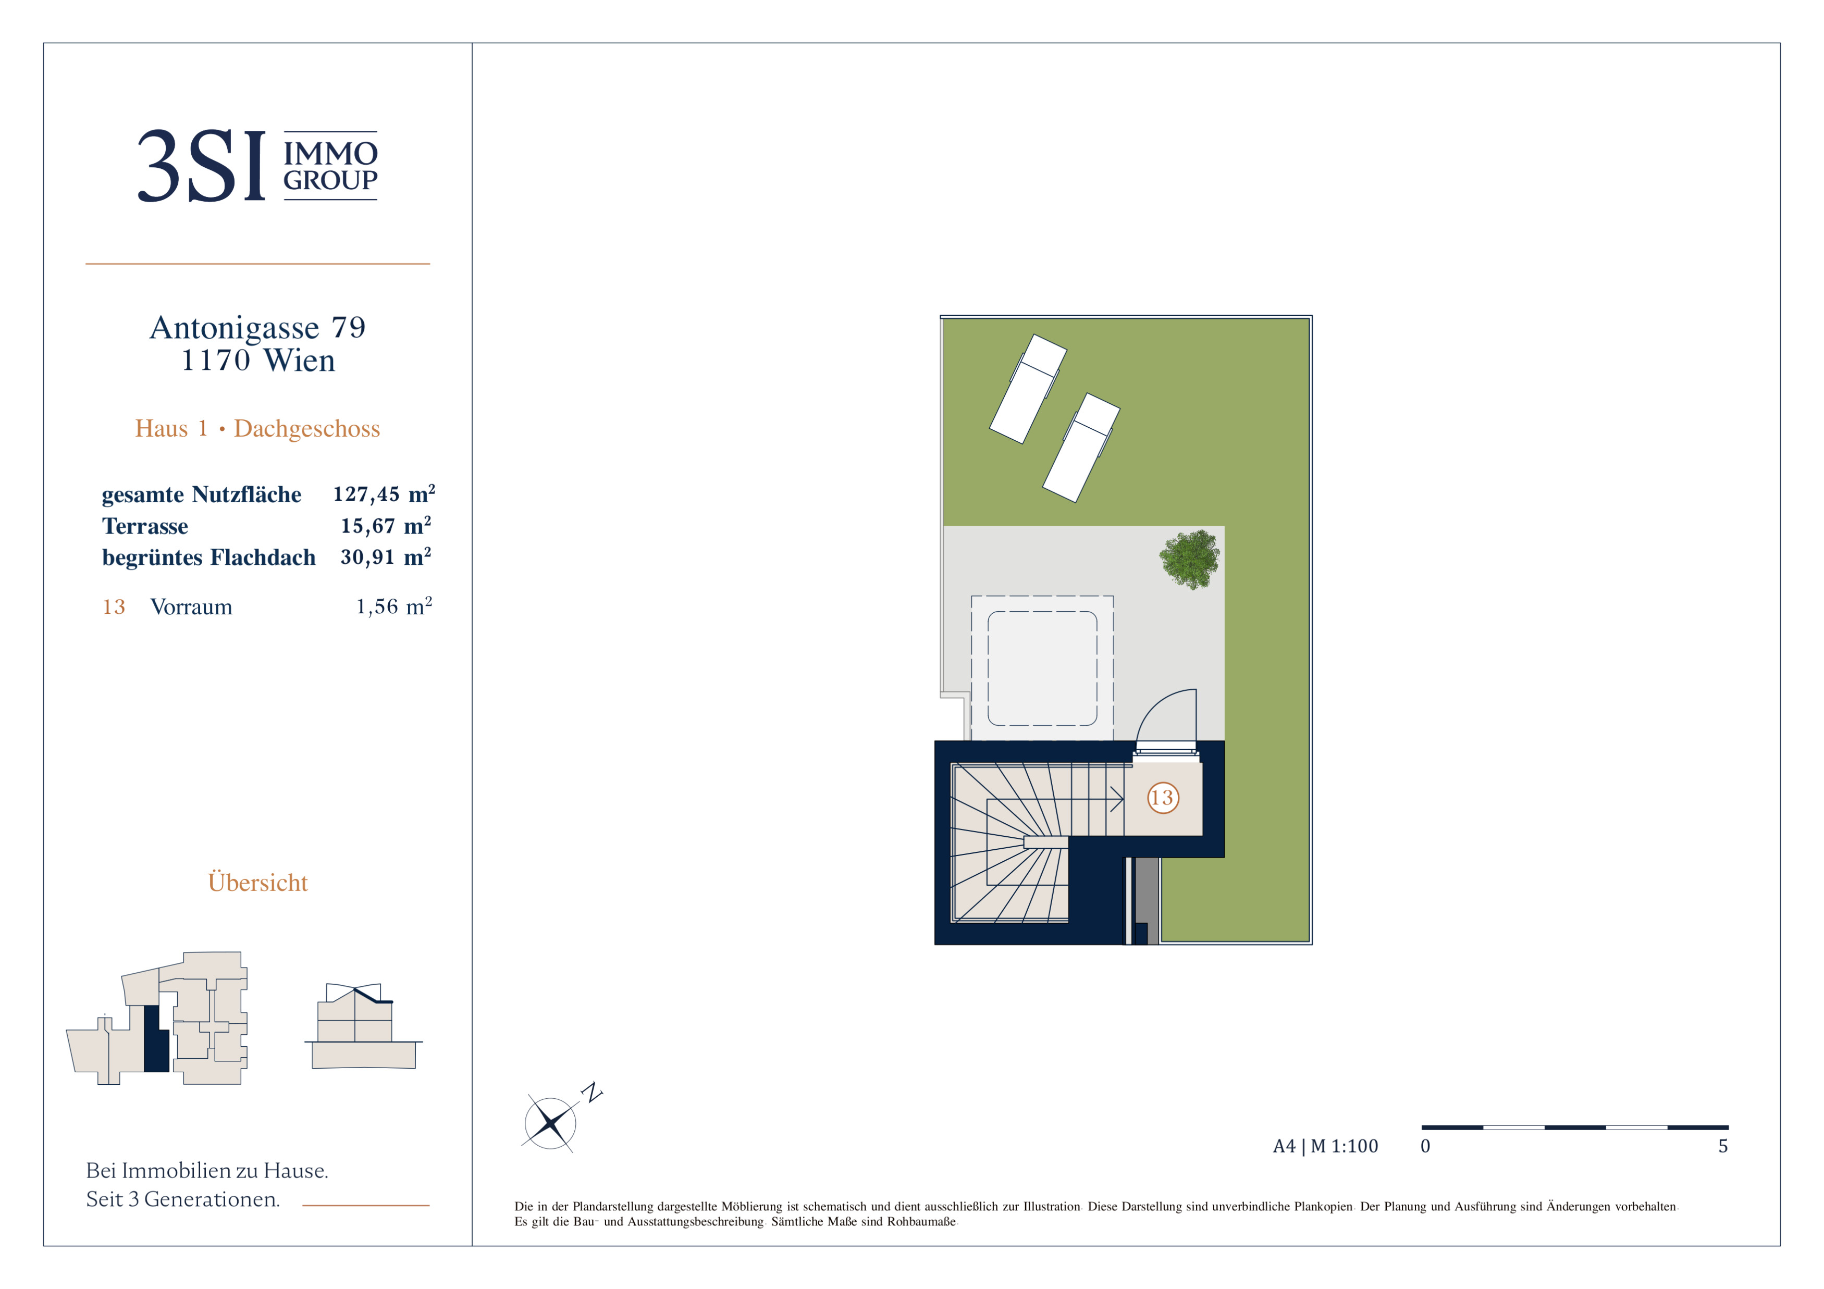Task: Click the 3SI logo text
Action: pyautogui.click(x=202, y=166)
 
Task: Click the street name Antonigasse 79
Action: pyautogui.click(x=257, y=327)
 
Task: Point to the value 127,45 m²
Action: pyautogui.click(x=384, y=494)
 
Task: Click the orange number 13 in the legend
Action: pyautogui.click(x=114, y=607)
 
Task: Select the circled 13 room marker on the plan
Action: pyautogui.click(x=1162, y=797)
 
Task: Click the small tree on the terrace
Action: pyautogui.click(x=1189, y=559)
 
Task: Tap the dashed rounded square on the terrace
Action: pyautogui.click(x=1042, y=668)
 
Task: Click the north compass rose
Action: pyautogui.click(x=550, y=1123)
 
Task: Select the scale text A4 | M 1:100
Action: pyautogui.click(x=1325, y=1146)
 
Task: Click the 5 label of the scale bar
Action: pyautogui.click(x=1722, y=1146)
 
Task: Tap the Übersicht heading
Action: pyautogui.click(x=257, y=883)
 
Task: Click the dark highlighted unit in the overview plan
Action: pyautogui.click(x=156, y=1039)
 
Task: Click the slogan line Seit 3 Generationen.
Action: pyautogui.click(x=183, y=1199)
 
